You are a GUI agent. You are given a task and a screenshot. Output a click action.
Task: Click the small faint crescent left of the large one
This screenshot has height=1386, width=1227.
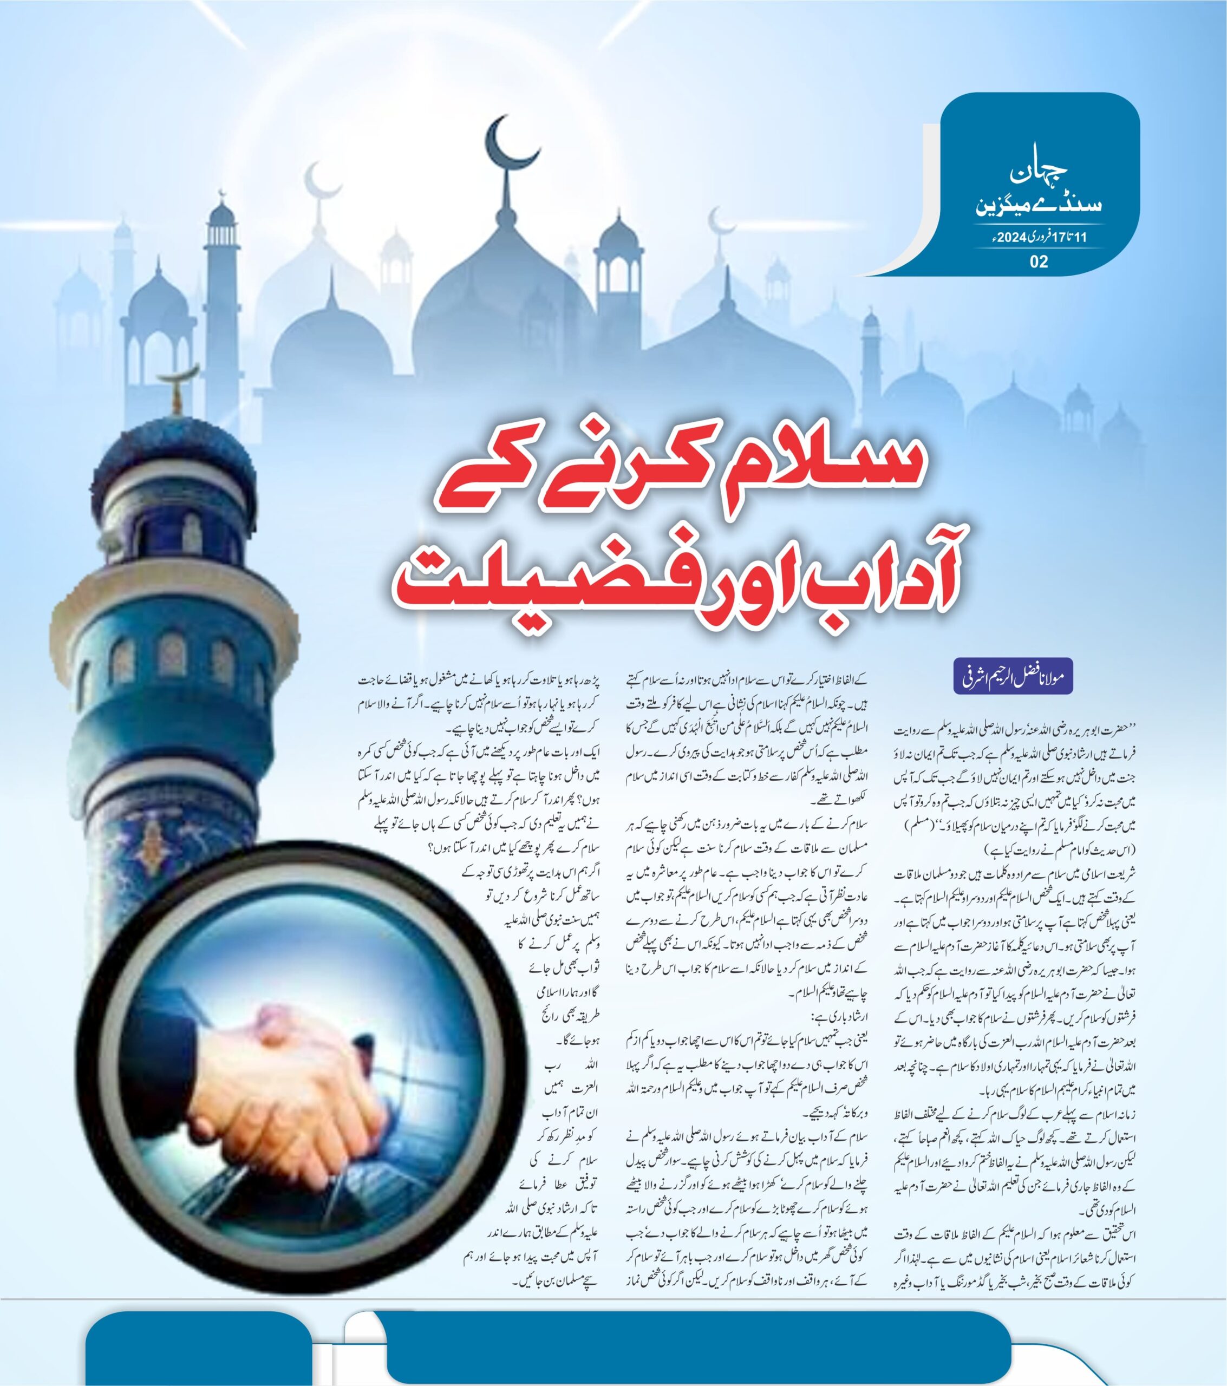click(321, 180)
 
